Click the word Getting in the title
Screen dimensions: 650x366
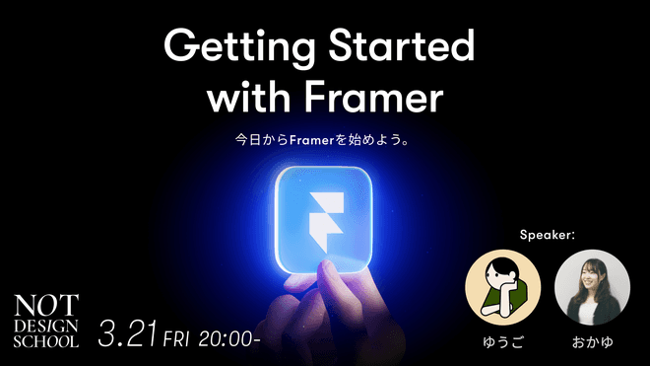(239, 47)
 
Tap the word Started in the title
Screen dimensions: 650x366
(401, 44)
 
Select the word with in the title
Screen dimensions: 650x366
(248, 97)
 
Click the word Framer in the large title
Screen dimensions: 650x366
(373, 98)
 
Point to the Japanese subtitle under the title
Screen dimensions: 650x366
(322, 139)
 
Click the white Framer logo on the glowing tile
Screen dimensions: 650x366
(327, 222)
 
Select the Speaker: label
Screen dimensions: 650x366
(548, 235)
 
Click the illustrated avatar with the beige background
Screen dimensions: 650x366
(503, 287)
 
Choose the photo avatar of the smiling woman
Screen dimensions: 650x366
(592, 287)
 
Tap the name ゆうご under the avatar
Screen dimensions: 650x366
(503, 342)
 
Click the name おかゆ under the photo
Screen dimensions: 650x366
(592, 342)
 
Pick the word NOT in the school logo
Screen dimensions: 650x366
(46, 306)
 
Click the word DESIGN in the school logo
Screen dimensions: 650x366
(46, 327)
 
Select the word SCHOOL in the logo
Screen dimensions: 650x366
(46, 341)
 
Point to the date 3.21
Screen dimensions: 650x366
(128, 333)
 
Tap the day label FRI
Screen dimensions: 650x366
(176, 339)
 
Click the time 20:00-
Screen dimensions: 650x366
(228, 339)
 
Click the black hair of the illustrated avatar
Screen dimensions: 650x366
(502, 266)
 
